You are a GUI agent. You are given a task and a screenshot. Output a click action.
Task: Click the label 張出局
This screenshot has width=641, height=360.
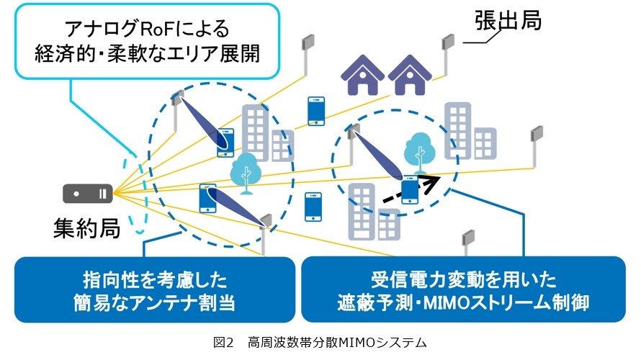tap(508, 20)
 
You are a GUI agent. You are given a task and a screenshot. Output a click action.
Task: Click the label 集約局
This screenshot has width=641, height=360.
tap(86, 228)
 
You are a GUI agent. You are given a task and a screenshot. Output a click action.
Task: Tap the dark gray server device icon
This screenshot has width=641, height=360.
tap(87, 193)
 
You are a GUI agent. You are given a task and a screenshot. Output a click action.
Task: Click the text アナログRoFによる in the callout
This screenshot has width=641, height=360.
tap(147, 29)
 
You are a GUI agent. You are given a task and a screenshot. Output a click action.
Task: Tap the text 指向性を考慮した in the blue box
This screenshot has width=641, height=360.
tap(155, 280)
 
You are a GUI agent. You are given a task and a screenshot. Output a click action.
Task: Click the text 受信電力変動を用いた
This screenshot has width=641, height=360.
tap(464, 280)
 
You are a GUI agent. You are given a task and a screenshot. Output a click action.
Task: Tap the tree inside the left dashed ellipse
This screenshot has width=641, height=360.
tap(246, 174)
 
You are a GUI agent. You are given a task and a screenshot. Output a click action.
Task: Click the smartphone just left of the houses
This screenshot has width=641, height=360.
tap(316, 111)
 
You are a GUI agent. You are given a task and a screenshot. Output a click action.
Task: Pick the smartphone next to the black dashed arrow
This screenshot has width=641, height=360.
tap(410, 189)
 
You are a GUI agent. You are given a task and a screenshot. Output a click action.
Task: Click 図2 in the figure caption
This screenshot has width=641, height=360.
tap(223, 343)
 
